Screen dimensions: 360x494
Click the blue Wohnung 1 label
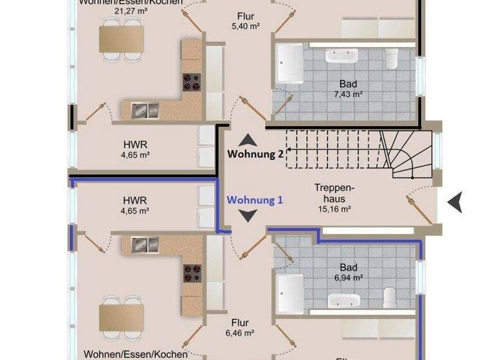click(255, 200)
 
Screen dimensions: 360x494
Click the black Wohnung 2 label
click(255, 154)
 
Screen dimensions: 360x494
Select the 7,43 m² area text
click(348, 94)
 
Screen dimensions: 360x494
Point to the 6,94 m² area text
click(348, 278)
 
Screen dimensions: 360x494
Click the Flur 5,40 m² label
click(244, 21)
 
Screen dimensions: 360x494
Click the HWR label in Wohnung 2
click(136, 149)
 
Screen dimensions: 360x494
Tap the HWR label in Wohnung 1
click(136, 205)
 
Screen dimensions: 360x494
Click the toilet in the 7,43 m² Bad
click(392, 59)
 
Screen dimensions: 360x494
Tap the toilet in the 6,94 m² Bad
click(389, 297)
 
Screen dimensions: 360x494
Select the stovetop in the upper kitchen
click(192, 82)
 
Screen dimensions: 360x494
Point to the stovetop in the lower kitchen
click(192, 273)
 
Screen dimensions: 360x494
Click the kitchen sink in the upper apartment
click(145, 111)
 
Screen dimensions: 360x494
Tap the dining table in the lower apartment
click(121, 316)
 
